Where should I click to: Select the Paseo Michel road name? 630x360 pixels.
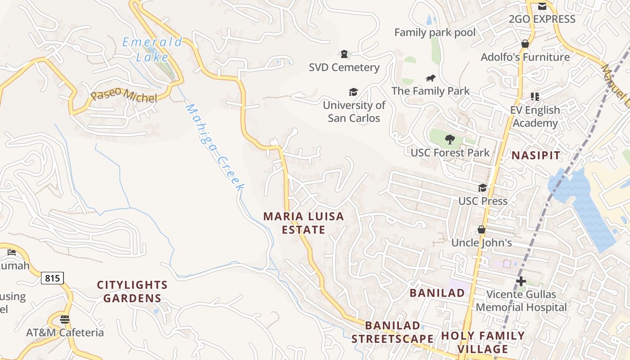124,95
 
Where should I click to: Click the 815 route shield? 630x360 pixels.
52,278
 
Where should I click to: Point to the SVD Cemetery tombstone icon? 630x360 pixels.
344,54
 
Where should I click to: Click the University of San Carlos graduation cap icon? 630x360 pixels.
353,92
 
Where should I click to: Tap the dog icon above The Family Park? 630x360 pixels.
431,78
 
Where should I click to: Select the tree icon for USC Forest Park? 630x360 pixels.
450,139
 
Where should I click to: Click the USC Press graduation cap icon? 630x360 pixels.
482,188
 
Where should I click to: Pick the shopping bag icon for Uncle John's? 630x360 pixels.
481,229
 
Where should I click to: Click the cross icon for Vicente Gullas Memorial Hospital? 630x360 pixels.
521,282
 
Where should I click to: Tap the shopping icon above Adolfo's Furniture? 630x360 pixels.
525,44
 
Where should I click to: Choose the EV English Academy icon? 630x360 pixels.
535,96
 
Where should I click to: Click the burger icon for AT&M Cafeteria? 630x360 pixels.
65,319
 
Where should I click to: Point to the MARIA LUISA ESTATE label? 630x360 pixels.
303,223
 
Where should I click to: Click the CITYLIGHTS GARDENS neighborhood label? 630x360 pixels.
132,291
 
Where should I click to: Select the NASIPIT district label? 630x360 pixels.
536,156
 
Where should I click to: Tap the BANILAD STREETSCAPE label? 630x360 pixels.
392,332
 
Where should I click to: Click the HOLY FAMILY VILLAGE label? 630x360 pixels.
483,342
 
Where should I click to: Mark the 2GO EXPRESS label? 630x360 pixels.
542,19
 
